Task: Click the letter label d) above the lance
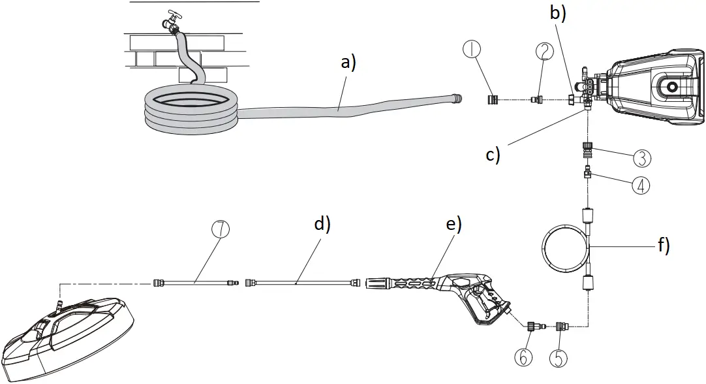pyautogui.click(x=322, y=224)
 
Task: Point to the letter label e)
pyautogui.click(x=453, y=224)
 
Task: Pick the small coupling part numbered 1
pyautogui.click(x=493, y=100)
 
